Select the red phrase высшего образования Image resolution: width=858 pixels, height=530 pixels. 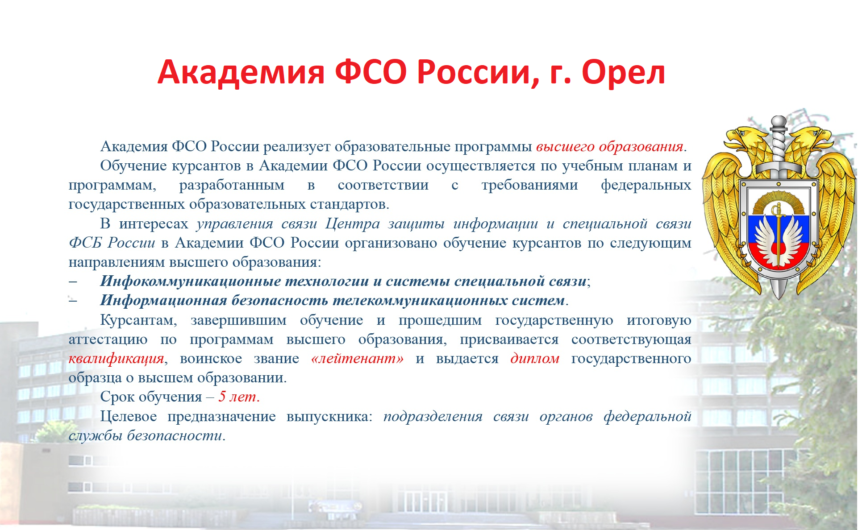(610, 147)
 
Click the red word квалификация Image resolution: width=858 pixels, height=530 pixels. (116, 359)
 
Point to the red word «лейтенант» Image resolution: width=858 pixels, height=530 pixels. (358, 358)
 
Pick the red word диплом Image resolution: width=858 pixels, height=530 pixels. (535, 358)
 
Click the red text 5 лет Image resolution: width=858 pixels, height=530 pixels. (239, 397)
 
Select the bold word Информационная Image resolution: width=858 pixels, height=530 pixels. (163, 300)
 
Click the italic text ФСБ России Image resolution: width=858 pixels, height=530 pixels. (112, 243)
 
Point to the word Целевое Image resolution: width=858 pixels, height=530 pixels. (129, 416)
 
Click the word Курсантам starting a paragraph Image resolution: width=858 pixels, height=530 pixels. (138, 320)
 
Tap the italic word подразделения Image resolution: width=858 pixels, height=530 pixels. (433, 417)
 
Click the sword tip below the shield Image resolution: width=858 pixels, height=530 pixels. (779, 294)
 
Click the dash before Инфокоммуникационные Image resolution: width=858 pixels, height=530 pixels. (73, 282)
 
